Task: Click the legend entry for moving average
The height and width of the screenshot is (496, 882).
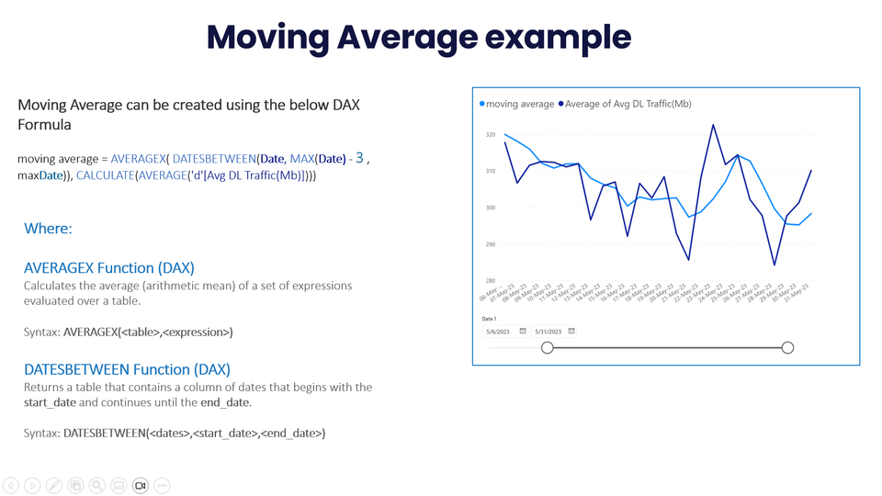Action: point(519,104)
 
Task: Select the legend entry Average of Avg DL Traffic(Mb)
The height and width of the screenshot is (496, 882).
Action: point(629,104)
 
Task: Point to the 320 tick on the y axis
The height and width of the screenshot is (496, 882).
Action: point(490,135)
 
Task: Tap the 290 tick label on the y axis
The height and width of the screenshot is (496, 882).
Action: point(490,244)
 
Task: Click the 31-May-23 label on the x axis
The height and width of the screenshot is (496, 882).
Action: point(800,295)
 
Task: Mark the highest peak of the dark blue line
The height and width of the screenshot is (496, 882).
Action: point(713,125)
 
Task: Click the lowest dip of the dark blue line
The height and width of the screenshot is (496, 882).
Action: point(775,265)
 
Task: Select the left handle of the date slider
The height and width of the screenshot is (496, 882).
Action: point(548,347)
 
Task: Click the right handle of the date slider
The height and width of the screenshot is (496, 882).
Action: point(787,347)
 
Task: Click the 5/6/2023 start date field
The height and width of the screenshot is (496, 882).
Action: point(499,331)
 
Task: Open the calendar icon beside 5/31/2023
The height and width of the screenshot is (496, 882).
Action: point(571,331)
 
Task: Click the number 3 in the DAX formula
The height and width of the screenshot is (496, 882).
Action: point(359,158)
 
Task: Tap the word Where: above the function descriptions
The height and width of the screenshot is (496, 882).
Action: point(48,228)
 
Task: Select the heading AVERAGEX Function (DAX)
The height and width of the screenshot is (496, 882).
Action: point(109,268)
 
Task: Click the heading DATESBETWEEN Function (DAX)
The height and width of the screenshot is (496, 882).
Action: point(127,369)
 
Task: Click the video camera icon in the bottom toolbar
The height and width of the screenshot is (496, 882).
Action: point(141,485)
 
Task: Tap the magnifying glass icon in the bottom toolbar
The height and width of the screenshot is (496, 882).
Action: point(96,485)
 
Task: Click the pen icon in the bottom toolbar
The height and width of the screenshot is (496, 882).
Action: point(54,485)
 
